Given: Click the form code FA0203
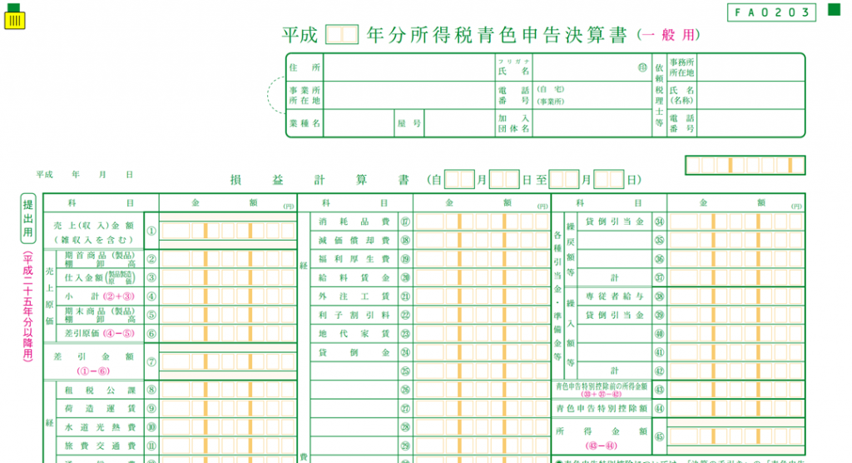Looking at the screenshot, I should pos(771,12).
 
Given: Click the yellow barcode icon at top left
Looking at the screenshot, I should pos(14,19).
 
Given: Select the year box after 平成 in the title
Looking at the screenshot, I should pos(341,35).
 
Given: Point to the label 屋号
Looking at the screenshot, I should pos(409,122).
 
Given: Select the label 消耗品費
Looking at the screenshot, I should pos(354,222).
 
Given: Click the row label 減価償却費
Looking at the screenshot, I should pos(354,241).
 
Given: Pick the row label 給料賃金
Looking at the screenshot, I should pos(354,278).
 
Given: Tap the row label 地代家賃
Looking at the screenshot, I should pos(354,334).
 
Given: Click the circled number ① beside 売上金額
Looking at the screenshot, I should pos(151,231).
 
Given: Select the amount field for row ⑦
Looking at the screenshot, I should pos(226,362).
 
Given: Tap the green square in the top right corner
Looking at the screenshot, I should pos(834,11).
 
